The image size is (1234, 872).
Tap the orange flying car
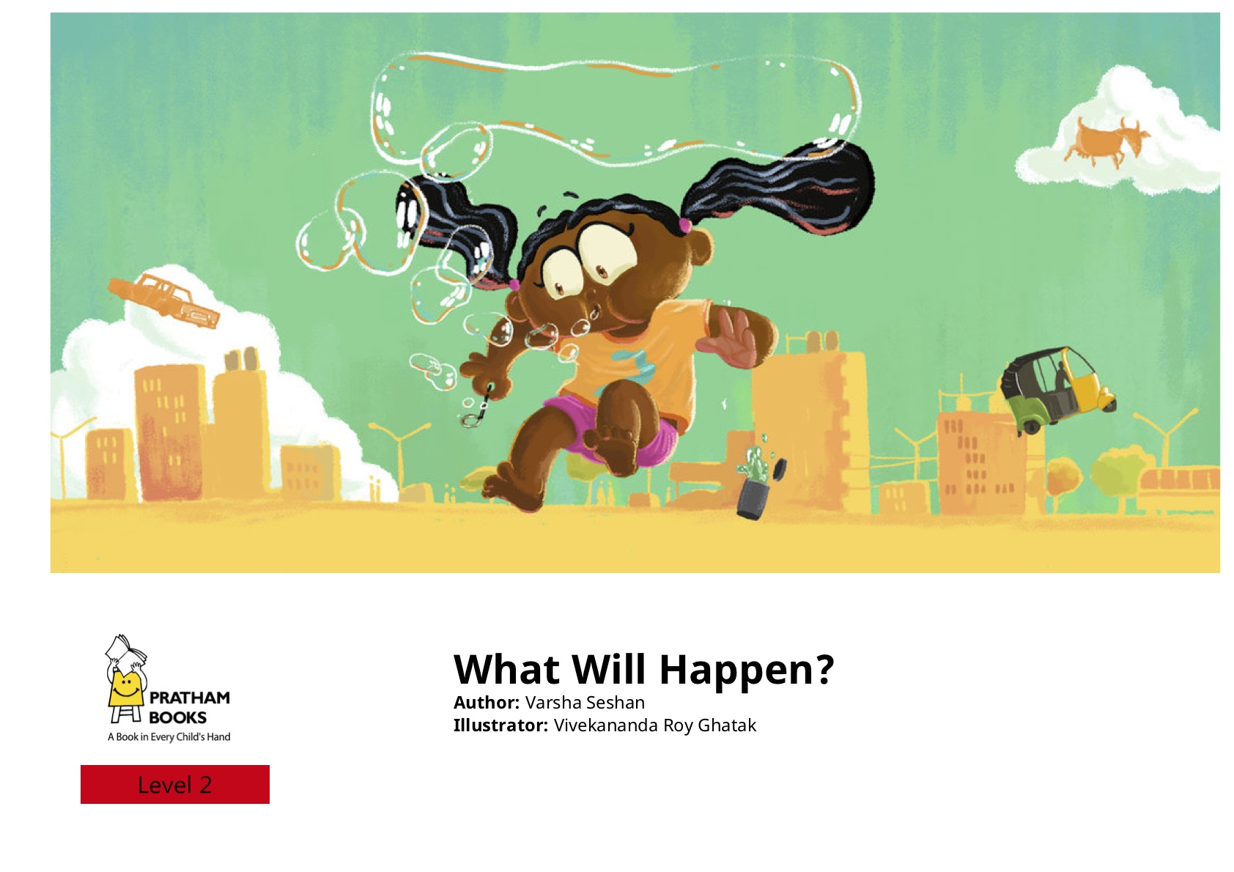pyautogui.click(x=164, y=300)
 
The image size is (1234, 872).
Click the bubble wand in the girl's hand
pyautogui.click(x=479, y=408)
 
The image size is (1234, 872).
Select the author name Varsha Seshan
pyautogui.click(x=585, y=703)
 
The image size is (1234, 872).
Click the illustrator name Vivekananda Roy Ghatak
pyautogui.click(x=655, y=725)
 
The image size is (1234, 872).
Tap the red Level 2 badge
pyautogui.click(x=175, y=784)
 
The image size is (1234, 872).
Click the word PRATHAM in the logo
pyautogui.click(x=190, y=698)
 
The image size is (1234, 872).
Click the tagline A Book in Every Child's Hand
pyautogui.click(x=169, y=737)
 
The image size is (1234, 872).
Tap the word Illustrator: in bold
pyautogui.click(x=500, y=725)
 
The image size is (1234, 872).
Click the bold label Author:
pyautogui.click(x=487, y=703)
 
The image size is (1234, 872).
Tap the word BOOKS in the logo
pyautogui.click(x=177, y=717)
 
